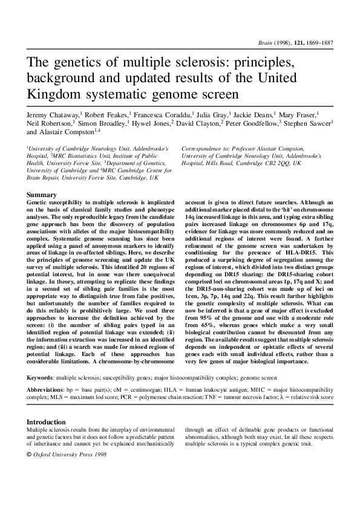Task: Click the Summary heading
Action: pyautogui.click(x=42, y=195)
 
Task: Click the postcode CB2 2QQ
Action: pyautogui.click(x=273, y=163)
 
